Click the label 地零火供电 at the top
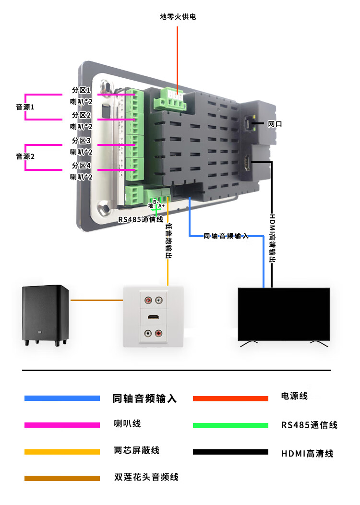178,17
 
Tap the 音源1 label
25,107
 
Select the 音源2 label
25,156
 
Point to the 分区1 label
81,90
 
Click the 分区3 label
81,141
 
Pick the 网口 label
275,124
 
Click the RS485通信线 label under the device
141,219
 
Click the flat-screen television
284,314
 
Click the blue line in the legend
62,398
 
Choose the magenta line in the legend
62,425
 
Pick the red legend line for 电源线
230,398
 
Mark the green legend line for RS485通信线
230,425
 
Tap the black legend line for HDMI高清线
230,452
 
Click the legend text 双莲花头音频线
146,477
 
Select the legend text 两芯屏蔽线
136,450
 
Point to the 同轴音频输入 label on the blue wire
226,236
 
